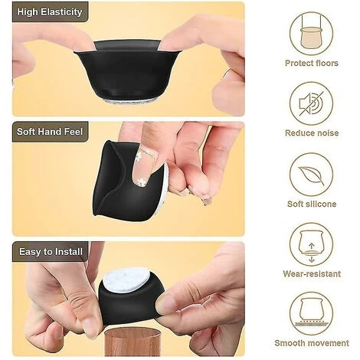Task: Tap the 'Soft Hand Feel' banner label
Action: tap(49, 131)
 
